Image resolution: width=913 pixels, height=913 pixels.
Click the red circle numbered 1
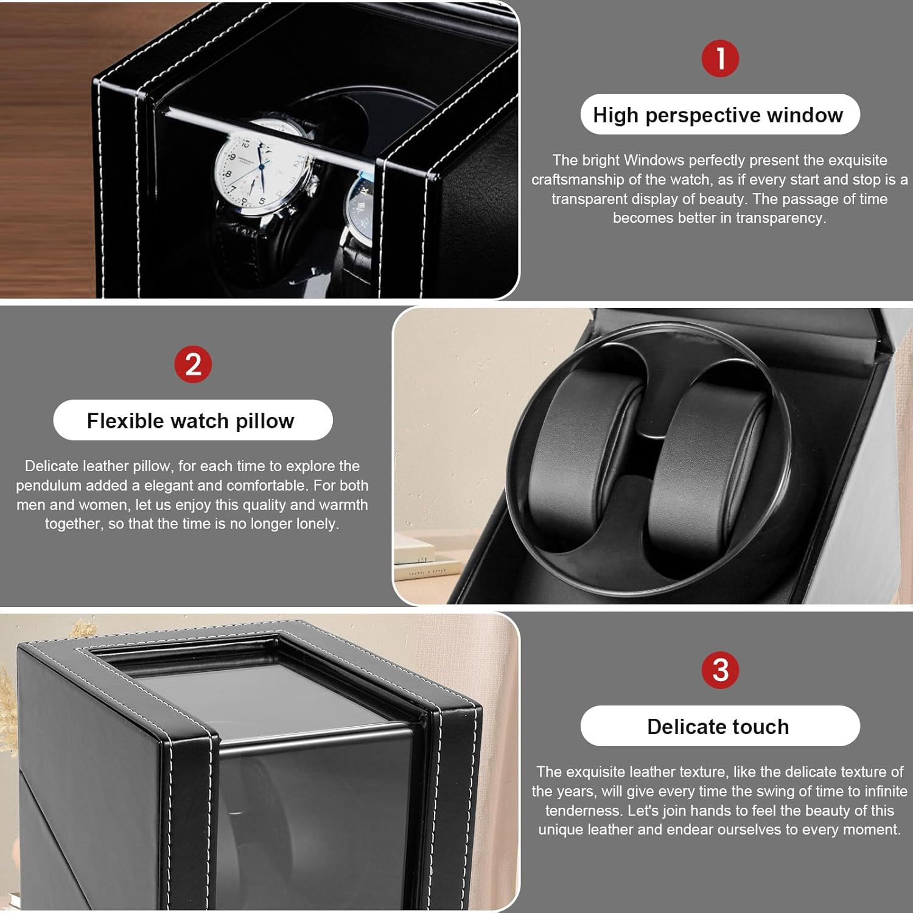coord(720,58)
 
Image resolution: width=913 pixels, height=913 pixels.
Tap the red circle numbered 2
coord(192,365)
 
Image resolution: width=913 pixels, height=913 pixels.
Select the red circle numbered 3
coord(720,670)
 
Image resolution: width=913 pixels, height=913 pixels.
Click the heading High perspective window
coord(718,114)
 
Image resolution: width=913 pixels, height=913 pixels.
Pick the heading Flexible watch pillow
coord(191,421)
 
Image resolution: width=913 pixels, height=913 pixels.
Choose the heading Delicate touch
coord(718,726)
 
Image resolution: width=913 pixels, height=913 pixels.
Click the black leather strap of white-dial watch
coord(243,243)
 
